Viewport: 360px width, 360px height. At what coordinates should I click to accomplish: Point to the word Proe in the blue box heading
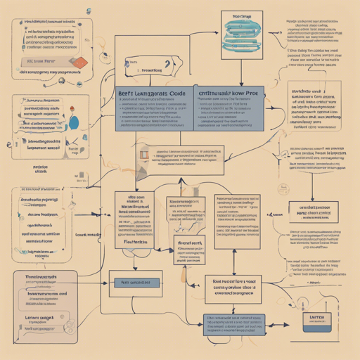(252, 92)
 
